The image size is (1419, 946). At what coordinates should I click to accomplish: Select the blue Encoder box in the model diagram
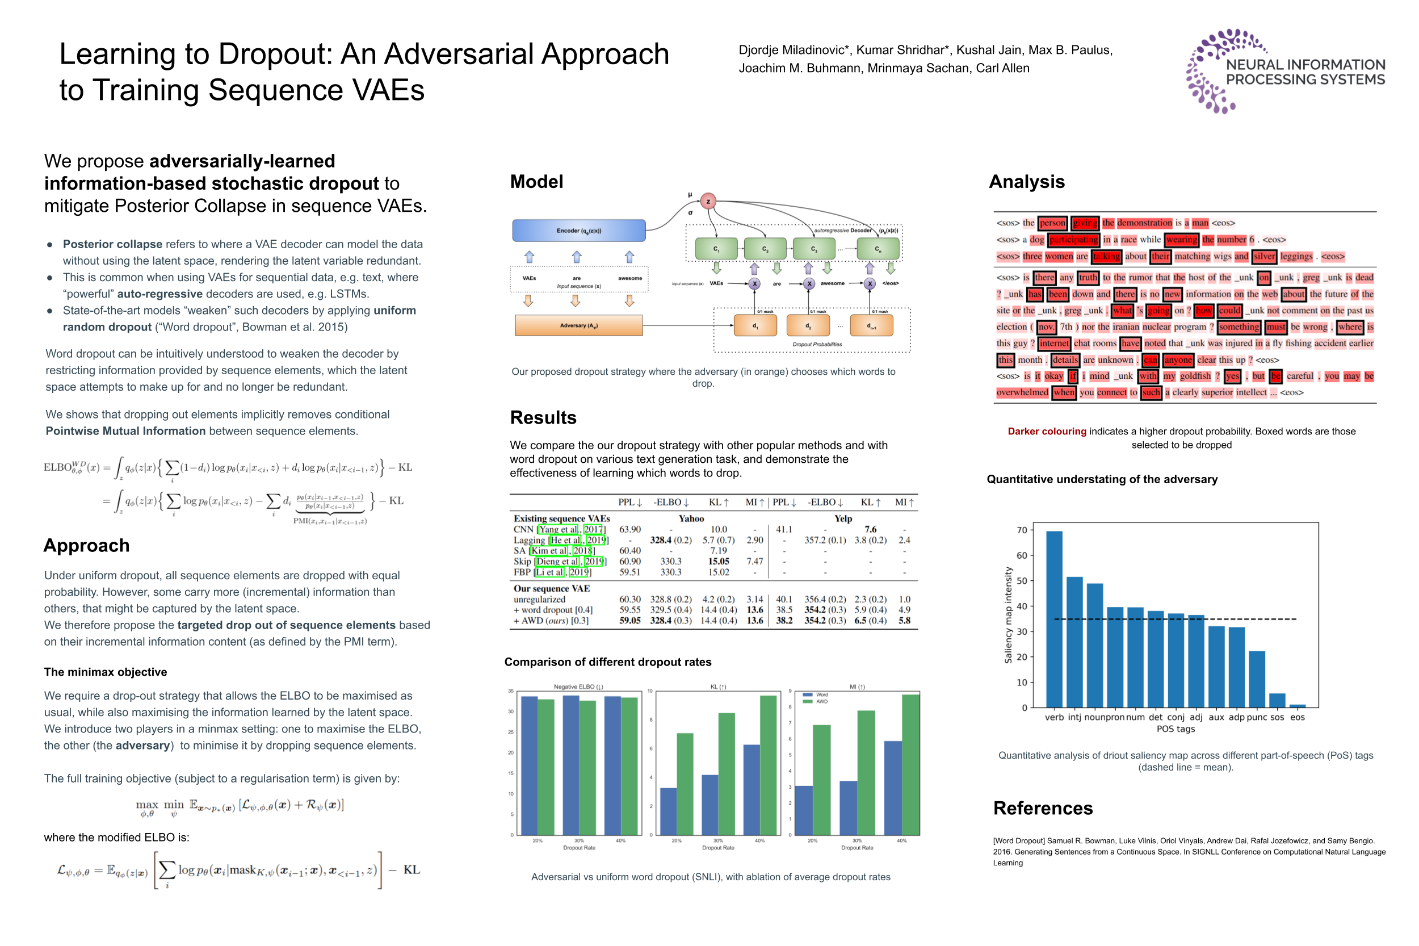point(578,231)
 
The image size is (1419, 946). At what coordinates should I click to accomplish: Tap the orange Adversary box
point(578,325)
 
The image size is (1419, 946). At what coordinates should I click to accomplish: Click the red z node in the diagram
point(708,202)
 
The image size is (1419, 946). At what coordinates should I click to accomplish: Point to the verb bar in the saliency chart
point(1053,618)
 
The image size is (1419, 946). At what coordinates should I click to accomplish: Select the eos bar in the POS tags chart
point(1297,705)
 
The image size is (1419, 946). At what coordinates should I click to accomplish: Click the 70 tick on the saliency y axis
point(1022,530)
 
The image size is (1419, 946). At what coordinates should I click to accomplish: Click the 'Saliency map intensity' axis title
point(1007,615)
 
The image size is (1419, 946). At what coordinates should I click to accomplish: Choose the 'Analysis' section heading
point(1026,182)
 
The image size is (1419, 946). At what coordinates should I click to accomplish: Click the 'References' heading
point(1043,808)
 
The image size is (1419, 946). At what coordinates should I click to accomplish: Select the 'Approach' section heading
point(86,545)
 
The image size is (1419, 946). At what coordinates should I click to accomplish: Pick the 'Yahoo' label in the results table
point(691,518)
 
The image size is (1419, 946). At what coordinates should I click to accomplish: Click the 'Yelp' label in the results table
point(842,518)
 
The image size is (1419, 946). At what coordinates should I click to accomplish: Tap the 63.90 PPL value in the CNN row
point(629,529)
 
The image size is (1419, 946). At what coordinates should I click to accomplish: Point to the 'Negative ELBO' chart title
point(578,687)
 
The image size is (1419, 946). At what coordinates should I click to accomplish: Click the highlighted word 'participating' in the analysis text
point(1073,240)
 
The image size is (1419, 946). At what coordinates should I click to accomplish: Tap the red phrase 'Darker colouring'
point(1046,432)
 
